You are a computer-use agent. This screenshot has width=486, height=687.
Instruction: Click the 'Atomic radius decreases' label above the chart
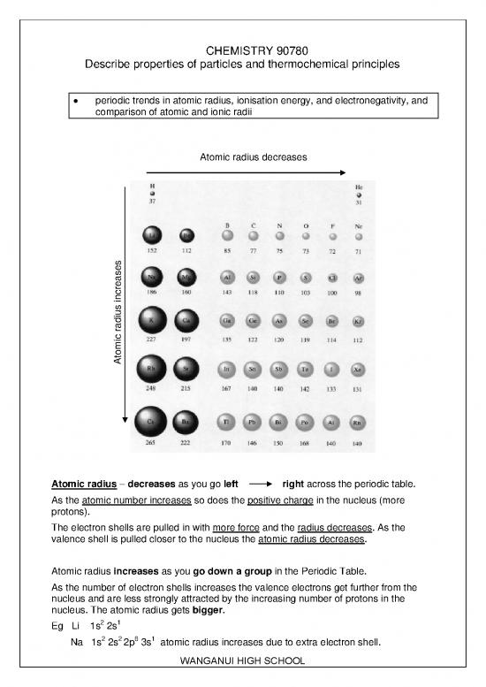(247, 156)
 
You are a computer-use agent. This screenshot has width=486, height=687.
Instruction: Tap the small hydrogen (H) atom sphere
(152, 194)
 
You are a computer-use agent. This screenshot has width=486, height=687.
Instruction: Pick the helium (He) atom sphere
(358, 195)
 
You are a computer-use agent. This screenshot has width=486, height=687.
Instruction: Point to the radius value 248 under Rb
(152, 387)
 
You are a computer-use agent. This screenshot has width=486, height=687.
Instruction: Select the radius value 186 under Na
(152, 292)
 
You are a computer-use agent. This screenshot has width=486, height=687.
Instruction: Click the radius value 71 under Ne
(358, 251)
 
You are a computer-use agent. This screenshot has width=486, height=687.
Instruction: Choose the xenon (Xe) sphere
(358, 368)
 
